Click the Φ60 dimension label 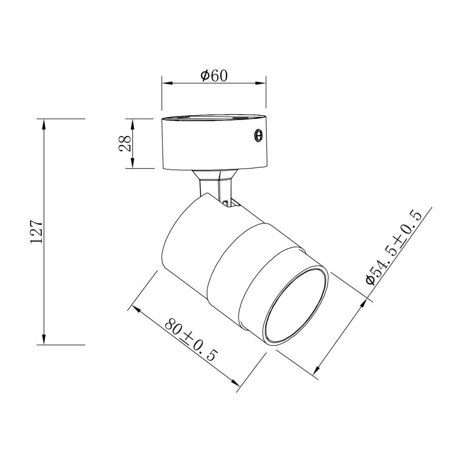pyautogui.click(x=214, y=76)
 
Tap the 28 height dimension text pyautogui.click(x=125, y=143)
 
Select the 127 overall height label pyautogui.click(x=37, y=231)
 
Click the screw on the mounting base pyautogui.click(x=258, y=136)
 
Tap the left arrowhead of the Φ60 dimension pyautogui.click(x=167, y=83)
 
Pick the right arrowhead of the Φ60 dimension pyautogui.click(x=261, y=83)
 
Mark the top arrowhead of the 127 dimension pyautogui.click(x=44, y=124)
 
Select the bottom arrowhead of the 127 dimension pyautogui.click(x=44, y=339)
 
